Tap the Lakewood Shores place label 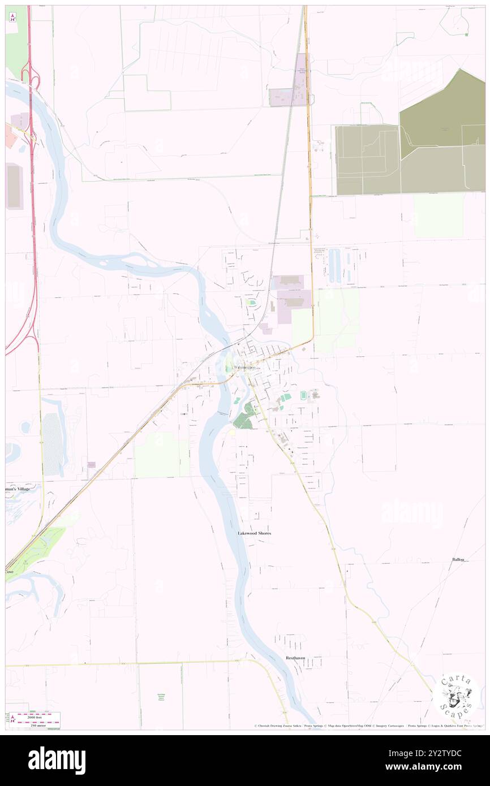tap(254, 533)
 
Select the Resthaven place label tap(295, 658)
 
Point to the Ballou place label tap(458, 559)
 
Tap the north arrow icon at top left tap(12, 17)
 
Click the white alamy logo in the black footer tap(57, 760)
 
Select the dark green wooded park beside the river tap(243, 420)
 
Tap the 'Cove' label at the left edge tap(10, 572)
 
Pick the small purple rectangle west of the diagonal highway tap(92, 465)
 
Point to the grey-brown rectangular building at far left tap(14, 186)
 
